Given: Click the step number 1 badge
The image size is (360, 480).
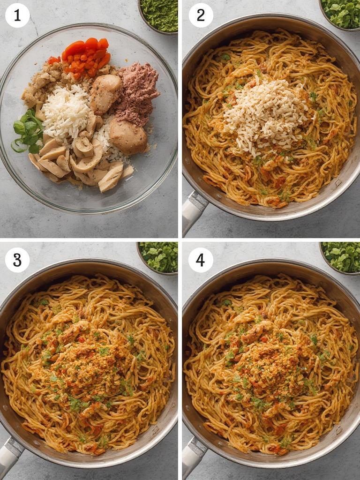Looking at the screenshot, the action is click(x=17, y=15).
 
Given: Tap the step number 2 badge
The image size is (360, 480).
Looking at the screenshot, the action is click(x=201, y=15).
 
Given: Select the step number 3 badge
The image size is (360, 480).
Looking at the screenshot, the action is click(x=17, y=260).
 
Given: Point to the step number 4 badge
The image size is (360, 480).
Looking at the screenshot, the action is click(x=201, y=260).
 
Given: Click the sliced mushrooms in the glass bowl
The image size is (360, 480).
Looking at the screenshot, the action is click(x=80, y=162).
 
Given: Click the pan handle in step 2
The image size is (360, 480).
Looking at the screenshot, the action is click(x=193, y=210).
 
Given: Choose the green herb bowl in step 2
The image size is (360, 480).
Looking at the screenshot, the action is click(x=340, y=14).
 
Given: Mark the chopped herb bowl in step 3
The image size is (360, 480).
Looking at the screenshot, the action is click(x=158, y=257).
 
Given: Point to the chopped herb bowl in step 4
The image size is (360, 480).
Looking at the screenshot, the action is click(x=340, y=257).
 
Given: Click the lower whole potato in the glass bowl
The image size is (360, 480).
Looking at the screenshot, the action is click(x=128, y=136).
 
